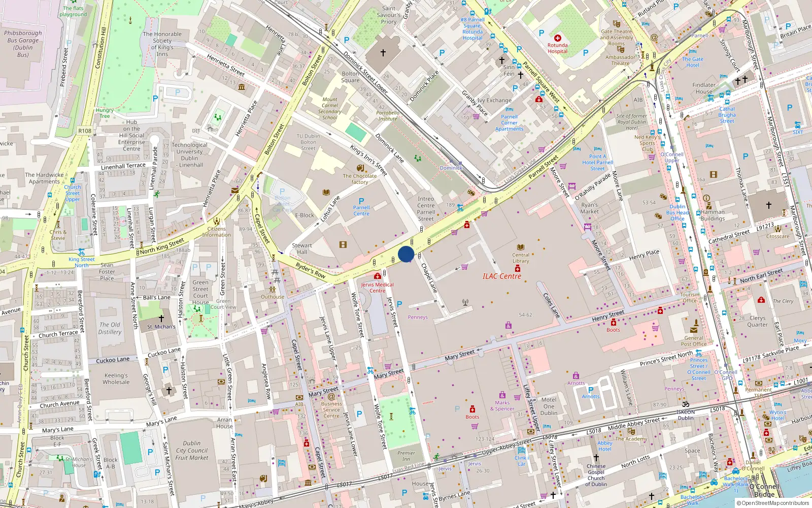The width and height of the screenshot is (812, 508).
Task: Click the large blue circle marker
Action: pyautogui.click(x=406, y=254)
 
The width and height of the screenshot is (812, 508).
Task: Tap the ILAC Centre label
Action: pyautogui.click(x=501, y=276)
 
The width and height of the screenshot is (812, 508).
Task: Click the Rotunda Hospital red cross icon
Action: pyautogui.click(x=557, y=38)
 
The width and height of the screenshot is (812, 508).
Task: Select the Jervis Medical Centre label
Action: pyautogui.click(x=377, y=288)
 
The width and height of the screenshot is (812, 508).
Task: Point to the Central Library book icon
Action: pyautogui.click(x=520, y=247)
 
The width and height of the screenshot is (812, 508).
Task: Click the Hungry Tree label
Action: pyautogui.click(x=105, y=113)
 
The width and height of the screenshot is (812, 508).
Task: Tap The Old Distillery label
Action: pyautogui.click(x=110, y=328)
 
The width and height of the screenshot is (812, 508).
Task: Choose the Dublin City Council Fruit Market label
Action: pyautogui.click(x=191, y=450)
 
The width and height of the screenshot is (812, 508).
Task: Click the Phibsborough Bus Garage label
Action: pyautogui.click(x=23, y=44)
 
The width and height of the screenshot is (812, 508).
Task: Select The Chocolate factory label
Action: pyautogui.click(x=359, y=179)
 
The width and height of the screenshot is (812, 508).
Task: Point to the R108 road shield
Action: pyautogui.click(x=85, y=131)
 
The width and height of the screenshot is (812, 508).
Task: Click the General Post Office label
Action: pyautogui.click(x=694, y=341)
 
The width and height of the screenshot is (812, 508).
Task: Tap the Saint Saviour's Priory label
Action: pyautogui.click(x=389, y=15)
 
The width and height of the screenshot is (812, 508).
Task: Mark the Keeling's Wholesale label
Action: pyautogui.click(x=116, y=378)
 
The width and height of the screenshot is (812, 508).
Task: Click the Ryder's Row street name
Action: pyautogui.click(x=310, y=270)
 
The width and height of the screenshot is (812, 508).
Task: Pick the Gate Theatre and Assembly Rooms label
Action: pyautogui.click(x=616, y=37)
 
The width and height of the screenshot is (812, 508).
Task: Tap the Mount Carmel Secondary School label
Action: pyautogui.click(x=329, y=109)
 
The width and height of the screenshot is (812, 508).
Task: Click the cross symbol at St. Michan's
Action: pyautogui.click(x=161, y=319)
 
